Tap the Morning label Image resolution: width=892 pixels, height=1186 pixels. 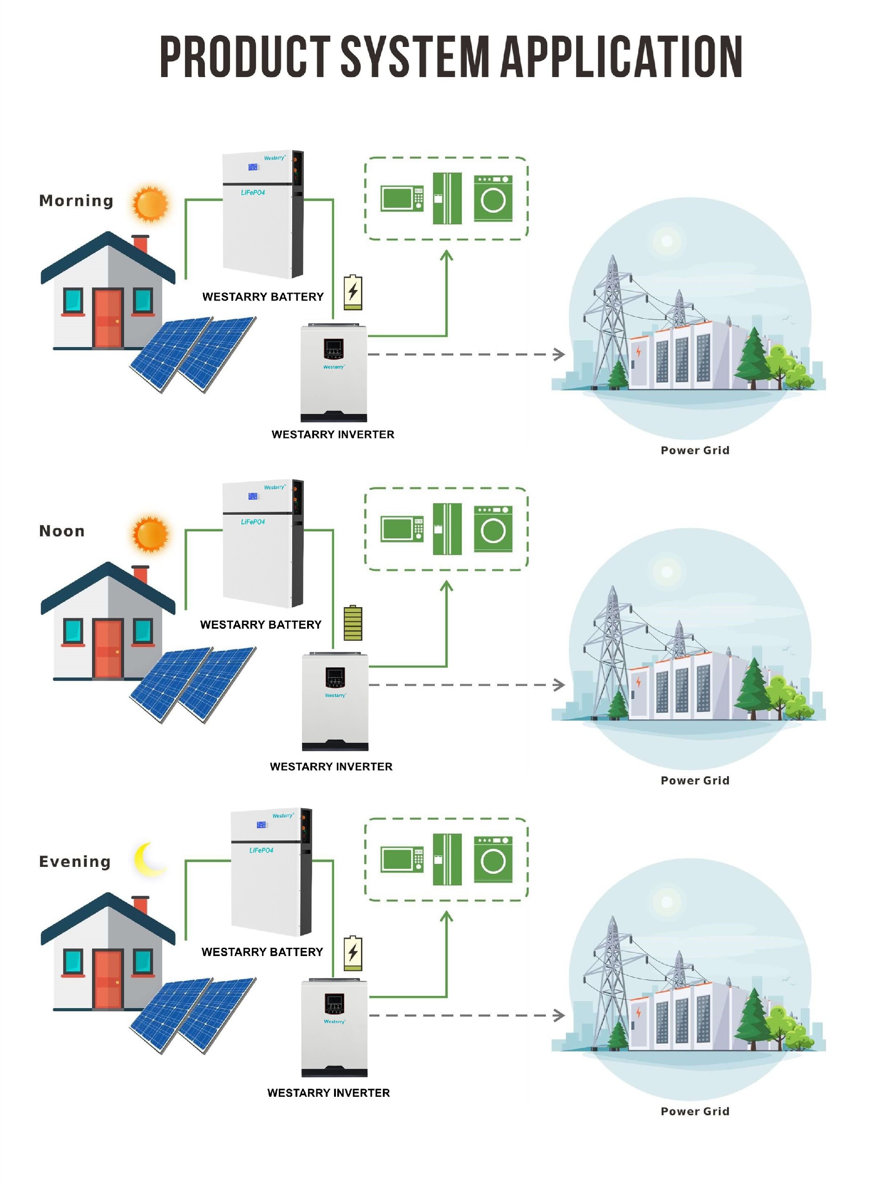pyautogui.click(x=76, y=201)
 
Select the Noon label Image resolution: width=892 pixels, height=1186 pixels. pyautogui.click(x=62, y=531)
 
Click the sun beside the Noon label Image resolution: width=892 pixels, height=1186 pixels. pyautogui.click(x=151, y=534)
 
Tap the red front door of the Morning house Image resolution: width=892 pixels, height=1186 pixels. pyautogui.click(x=108, y=317)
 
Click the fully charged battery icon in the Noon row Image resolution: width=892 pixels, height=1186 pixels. pyautogui.click(x=353, y=622)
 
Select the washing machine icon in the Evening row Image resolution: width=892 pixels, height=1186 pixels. pyautogui.click(x=492, y=859)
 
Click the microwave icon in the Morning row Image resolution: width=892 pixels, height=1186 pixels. pyautogui.click(x=401, y=198)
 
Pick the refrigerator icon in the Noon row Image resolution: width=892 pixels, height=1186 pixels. pyautogui.click(x=447, y=529)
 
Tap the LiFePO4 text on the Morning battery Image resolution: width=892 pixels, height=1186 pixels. pyautogui.click(x=252, y=192)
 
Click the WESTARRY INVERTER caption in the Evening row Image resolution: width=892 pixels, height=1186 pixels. pyautogui.click(x=328, y=1093)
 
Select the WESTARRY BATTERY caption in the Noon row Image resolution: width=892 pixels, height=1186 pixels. pyautogui.click(x=261, y=625)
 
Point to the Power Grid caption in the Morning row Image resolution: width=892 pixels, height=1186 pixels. pyautogui.click(x=695, y=450)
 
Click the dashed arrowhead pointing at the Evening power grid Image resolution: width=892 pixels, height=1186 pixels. pyautogui.click(x=559, y=1015)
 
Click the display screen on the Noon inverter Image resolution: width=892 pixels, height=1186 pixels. pyautogui.click(x=335, y=675)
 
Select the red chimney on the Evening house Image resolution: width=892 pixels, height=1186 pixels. pyautogui.click(x=140, y=905)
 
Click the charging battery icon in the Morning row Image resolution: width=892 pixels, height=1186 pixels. pyautogui.click(x=353, y=292)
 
